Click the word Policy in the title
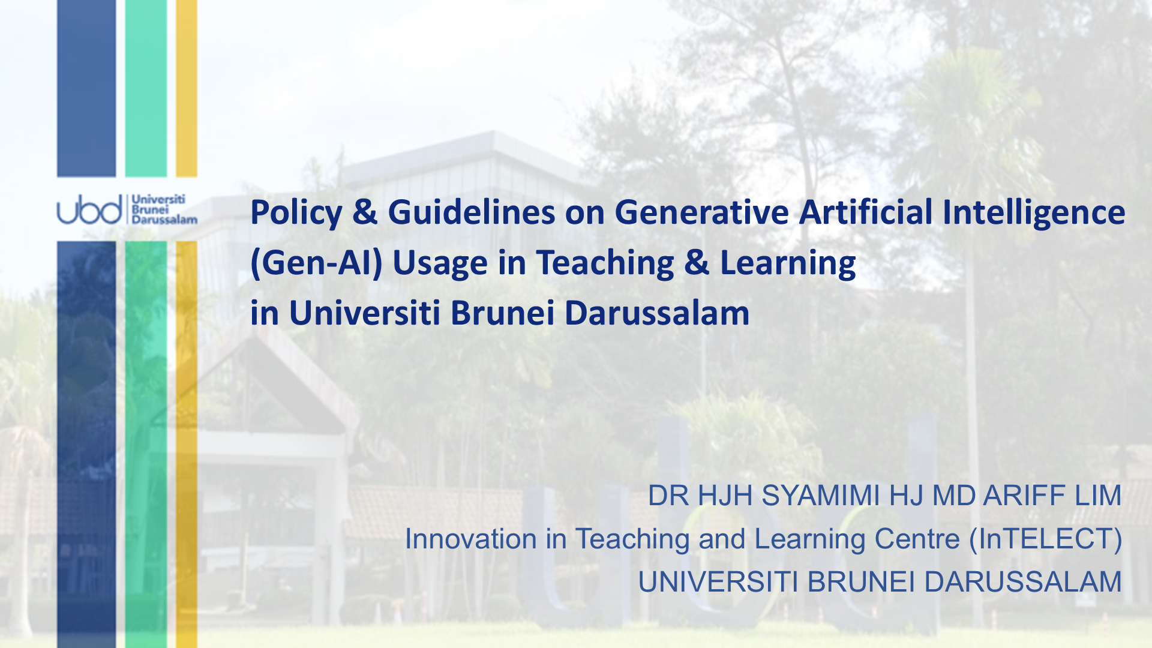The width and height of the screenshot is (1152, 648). pos(296,214)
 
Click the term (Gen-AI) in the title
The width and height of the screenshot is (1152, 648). pos(316,263)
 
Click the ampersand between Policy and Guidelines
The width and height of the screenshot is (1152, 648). pos(365,212)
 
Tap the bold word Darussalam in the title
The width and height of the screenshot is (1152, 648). pos(657,313)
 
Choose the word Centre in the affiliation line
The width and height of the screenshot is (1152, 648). pos(917,539)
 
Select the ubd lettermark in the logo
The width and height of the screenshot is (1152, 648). pos(89,209)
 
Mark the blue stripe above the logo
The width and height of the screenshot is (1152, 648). pos(86,88)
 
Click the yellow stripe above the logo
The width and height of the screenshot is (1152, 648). pos(187,88)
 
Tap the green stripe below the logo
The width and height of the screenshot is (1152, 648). pos(146,445)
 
